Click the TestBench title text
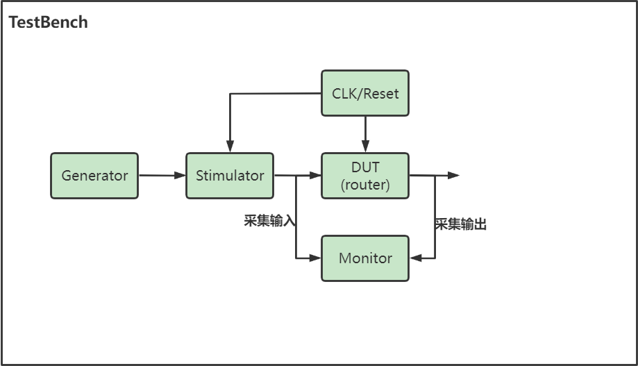[x=48, y=22]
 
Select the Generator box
[x=94, y=176]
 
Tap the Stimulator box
[x=230, y=176]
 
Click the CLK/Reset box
[x=365, y=93]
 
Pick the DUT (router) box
[x=365, y=176]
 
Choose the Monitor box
[x=365, y=258]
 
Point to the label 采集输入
[x=269, y=221]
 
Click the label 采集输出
[x=460, y=224]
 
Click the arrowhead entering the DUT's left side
[x=317, y=176]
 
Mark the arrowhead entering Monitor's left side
[x=317, y=258]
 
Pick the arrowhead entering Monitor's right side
[x=414, y=258]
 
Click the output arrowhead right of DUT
[x=454, y=176]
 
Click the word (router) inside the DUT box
[x=365, y=185]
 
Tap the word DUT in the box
[x=365, y=167]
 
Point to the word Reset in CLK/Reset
[x=382, y=93]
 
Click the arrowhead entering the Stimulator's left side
[x=181, y=176]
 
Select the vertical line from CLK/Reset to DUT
[x=365, y=132]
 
